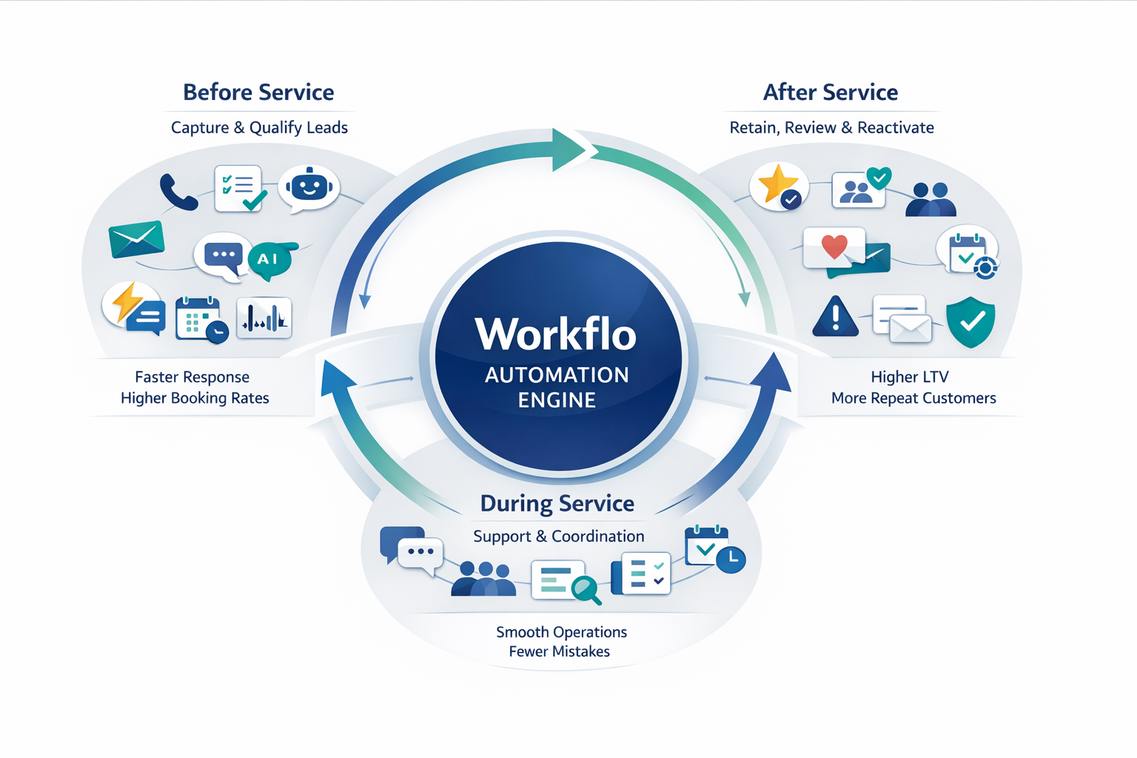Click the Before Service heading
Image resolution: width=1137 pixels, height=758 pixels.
coord(258,93)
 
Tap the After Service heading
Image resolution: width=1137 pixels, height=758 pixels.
coord(830,93)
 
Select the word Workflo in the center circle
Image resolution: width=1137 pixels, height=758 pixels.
coord(555,335)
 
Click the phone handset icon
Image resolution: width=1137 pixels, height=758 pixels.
coord(178,192)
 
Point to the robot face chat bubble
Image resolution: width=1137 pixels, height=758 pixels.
coord(309,187)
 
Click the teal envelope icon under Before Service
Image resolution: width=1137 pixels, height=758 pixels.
coord(136,239)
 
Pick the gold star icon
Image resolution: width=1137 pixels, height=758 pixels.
coord(777,184)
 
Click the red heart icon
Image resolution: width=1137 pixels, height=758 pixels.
coord(834,246)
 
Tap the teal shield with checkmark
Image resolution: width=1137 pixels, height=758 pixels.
coord(970,321)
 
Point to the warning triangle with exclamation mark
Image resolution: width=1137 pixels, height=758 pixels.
coord(835,317)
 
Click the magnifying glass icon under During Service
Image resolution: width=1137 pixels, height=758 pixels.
coord(586,590)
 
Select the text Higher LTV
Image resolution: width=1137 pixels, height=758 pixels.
coord(909,377)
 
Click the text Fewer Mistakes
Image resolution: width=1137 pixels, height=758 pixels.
coord(559,651)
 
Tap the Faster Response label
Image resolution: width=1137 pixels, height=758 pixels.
coord(192,377)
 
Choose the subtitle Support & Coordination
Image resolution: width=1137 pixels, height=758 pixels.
coord(558,536)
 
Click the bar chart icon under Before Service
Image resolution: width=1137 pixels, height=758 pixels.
coord(264,318)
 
